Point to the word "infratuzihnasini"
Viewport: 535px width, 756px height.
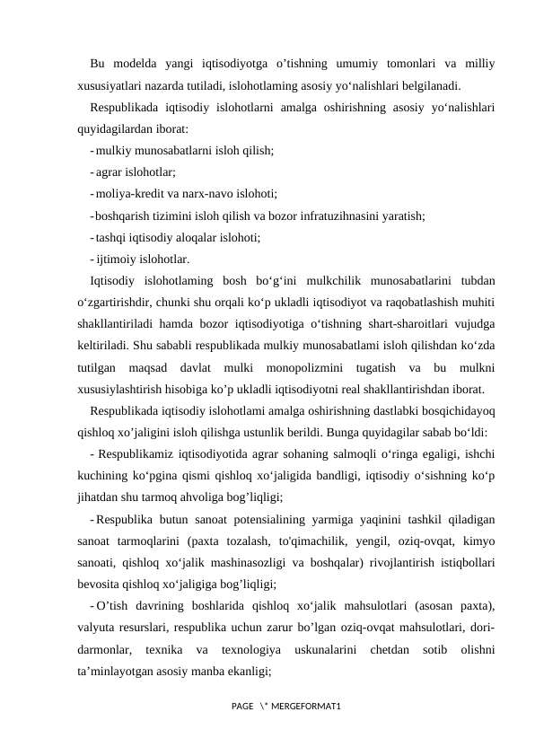click(327, 215)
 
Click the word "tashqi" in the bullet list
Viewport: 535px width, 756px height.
click(111, 238)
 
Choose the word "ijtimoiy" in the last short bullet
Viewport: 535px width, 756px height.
click(116, 260)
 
